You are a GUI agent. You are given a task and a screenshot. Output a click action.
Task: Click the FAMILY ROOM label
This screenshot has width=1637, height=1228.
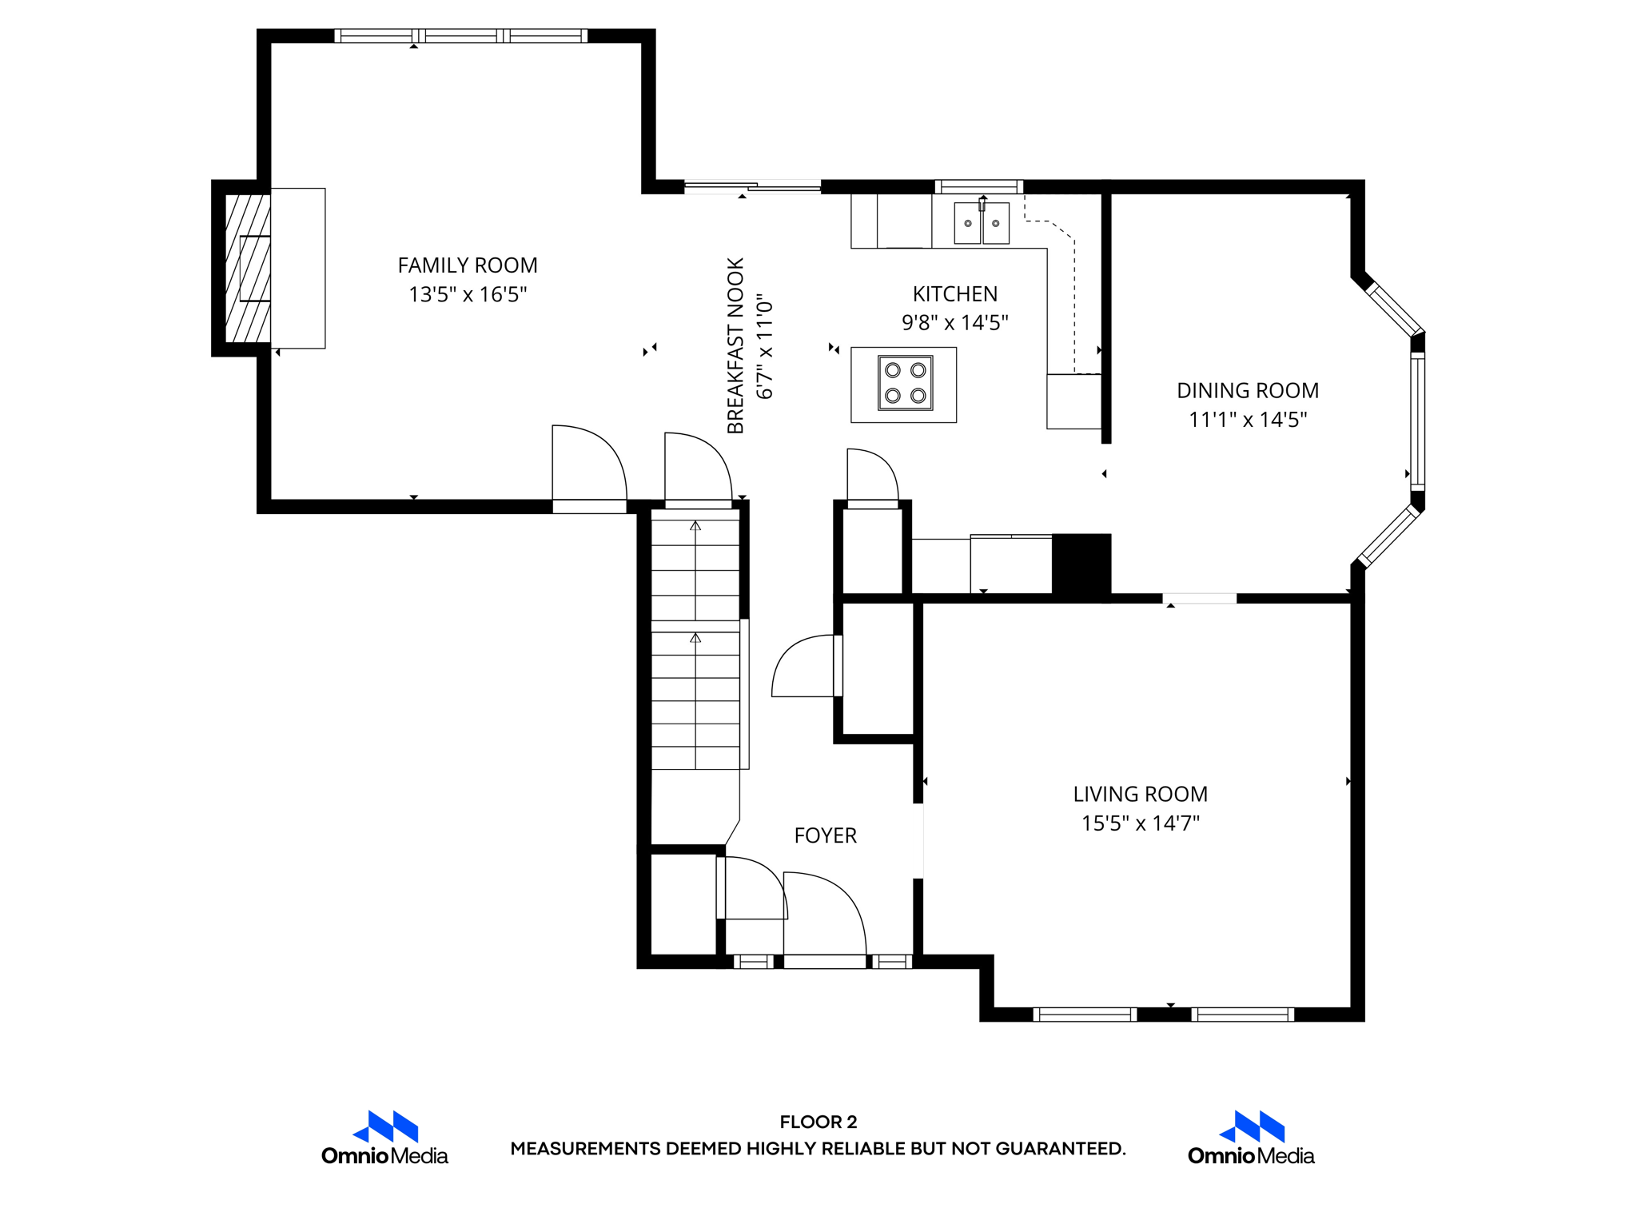(x=468, y=265)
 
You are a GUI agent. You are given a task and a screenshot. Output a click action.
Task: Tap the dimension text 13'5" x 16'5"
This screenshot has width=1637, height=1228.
(x=468, y=295)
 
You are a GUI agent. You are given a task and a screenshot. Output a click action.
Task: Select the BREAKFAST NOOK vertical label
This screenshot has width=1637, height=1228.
(x=735, y=345)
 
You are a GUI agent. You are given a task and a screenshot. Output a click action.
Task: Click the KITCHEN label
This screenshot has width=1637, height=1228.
(x=954, y=294)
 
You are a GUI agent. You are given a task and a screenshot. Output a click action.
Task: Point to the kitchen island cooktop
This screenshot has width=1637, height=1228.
(x=905, y=383)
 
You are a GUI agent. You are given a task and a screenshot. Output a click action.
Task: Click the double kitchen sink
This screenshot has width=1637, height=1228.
(x=981, y=223)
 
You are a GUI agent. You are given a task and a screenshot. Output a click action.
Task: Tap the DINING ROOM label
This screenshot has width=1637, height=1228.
(x=1247, y=391)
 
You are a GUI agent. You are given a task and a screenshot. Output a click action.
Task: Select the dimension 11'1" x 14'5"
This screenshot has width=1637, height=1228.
(x=1247, y=420)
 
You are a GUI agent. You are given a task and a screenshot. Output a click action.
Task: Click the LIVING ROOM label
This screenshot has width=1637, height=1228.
(x=1140, y=794)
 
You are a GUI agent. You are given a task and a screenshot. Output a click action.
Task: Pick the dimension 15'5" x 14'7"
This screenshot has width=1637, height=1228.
(x=1140, y=823)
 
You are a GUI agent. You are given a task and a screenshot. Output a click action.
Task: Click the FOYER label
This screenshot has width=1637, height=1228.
(x=825, y=835)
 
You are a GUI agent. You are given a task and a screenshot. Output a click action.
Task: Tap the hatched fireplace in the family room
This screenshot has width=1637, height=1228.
(x=247, y=268)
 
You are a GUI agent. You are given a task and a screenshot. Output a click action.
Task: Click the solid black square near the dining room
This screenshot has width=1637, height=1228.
(x=1081, y=564)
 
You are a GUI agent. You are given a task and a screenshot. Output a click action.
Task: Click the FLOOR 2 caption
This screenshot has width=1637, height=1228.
(x=818, y=1122)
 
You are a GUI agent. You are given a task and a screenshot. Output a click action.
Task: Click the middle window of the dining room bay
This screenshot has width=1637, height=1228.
(x=1417, y=421)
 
